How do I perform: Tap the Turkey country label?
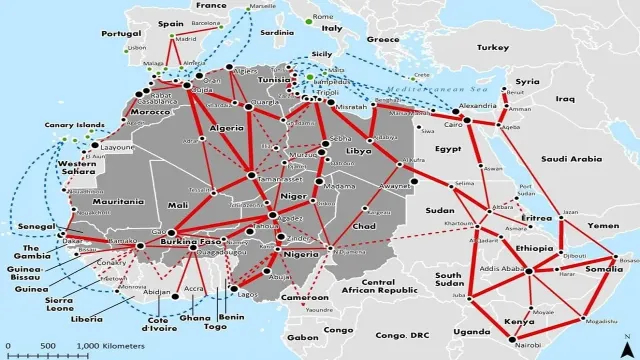tap(492, 47)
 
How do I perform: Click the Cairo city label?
tap(452, 125)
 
